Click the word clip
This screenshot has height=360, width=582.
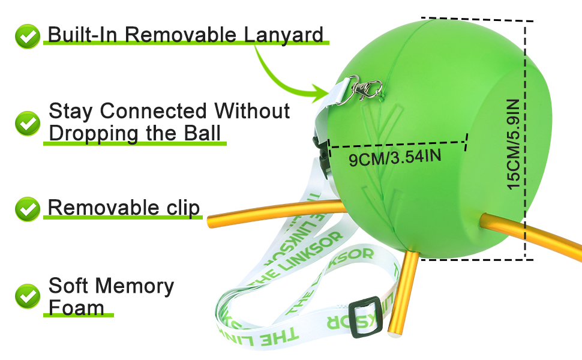coord(179,208)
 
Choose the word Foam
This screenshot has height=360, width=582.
coord(76,307)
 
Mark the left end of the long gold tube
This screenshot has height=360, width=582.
coord(211,221)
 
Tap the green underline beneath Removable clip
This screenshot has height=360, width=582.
coord(123,217)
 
